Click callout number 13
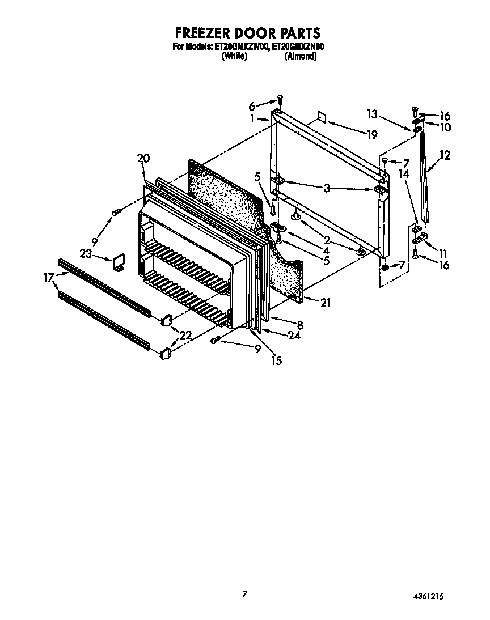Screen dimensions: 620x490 point(371,114)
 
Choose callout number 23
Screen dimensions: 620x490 point(86,255)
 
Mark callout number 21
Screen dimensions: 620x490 point(324,303)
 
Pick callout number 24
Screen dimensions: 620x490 point(293,335)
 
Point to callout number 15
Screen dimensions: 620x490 point(276,359)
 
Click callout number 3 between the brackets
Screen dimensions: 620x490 point(327,189)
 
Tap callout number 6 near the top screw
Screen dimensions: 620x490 point(252,105)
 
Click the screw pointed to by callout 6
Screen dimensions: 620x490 point(280,100)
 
